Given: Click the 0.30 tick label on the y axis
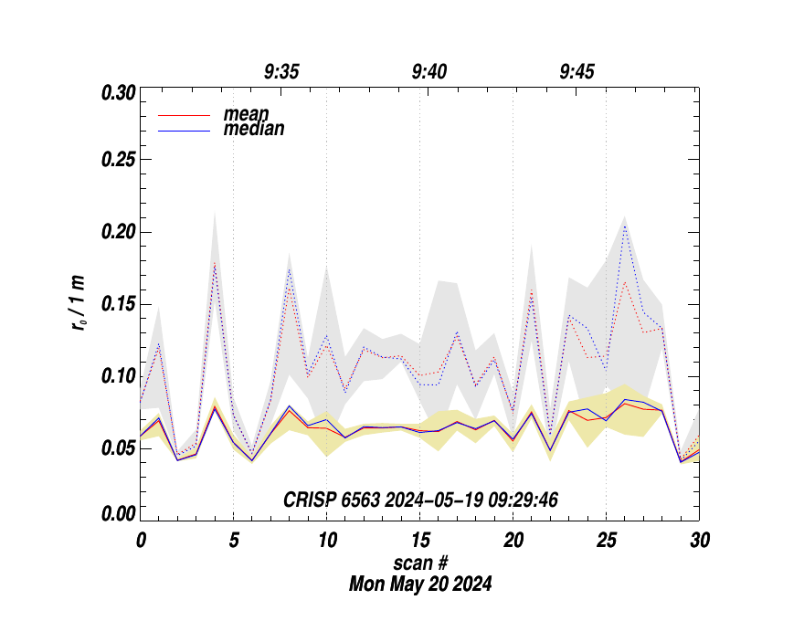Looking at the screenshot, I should pyautogui.click(x=118, y=93).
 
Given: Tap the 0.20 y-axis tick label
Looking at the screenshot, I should pyautogui.click(x=118, y=232).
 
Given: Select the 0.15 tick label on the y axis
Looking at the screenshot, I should pyautogui.click(x=118, y=304).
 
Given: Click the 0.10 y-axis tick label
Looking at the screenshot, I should pyautogui.click(x=118, y=375).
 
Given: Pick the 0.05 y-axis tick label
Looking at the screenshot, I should pyautogui.click(x=118, y=447).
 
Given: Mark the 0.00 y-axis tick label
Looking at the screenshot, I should pyautogui.click(x=118, y=514).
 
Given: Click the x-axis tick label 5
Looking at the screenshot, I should pyautogui.click(x=234, y=541).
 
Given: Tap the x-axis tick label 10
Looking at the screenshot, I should pyautogui.click(x=327, y=541).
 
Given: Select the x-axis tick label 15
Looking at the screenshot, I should pyautogui.click(x=420, y=541).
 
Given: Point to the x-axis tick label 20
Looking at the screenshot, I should pyautogui.click(x=513, y=541).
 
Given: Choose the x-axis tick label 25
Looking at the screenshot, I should pyautogui.click(x=607, y=541).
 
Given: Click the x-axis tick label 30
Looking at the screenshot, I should pyautogui.click(x=700, y=541).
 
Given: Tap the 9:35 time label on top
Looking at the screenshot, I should pyautogui.click(x=281, y=72).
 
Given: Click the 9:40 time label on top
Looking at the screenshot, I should pyautogui.click(x=429, y=72).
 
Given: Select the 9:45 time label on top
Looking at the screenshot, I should pyautogui.click(x=577, y=72).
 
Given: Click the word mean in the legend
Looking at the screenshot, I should pyautogui.click(x=247, y=115).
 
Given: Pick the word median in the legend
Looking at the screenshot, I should pyautogui.click(x=254, y=130).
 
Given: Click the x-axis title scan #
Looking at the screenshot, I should pyautogui.click(x=420, y=562).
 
